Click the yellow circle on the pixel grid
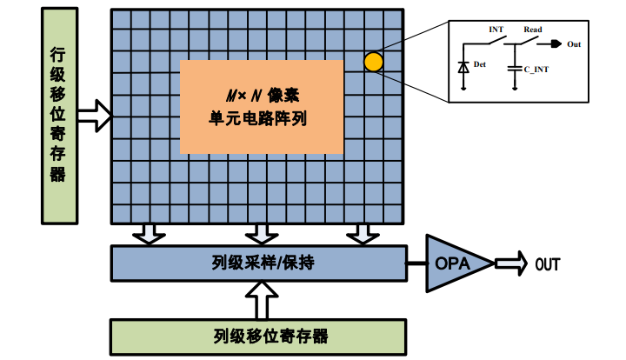[373, 62]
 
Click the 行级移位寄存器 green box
[58, 115]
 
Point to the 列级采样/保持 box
[258, 263]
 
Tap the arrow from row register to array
[94, 113]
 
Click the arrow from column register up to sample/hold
[258, 300]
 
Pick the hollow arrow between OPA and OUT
[509, 263]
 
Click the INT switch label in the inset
[496, 30]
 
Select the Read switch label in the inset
[532, 30]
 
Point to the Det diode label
[479, 64]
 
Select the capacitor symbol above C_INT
[516, 66]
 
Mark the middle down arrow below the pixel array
[258, 233]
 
